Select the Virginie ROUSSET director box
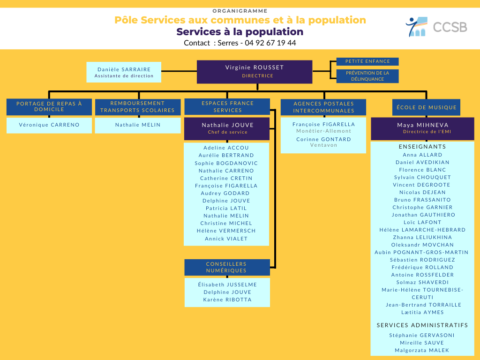point(255,72)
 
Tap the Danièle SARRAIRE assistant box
point(124,72)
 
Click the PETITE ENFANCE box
point(367,61)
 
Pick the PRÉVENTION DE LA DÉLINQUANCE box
point(367,76)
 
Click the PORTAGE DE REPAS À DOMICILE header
point(49,106)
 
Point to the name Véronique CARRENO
point(49,125)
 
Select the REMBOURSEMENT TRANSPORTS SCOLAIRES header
point(137,106)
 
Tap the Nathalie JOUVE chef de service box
point(227,128)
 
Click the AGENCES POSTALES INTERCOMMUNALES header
point(323,107)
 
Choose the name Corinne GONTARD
point(323,139)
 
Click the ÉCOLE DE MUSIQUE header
point(426,107)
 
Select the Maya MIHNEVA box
point(422,128)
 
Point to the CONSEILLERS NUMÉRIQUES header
point(227,267)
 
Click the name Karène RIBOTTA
point(227,300)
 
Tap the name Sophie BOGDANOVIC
point(226,163)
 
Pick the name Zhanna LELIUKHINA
point(422,237)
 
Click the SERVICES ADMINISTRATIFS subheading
point(422,325)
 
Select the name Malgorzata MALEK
point(422,350)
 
